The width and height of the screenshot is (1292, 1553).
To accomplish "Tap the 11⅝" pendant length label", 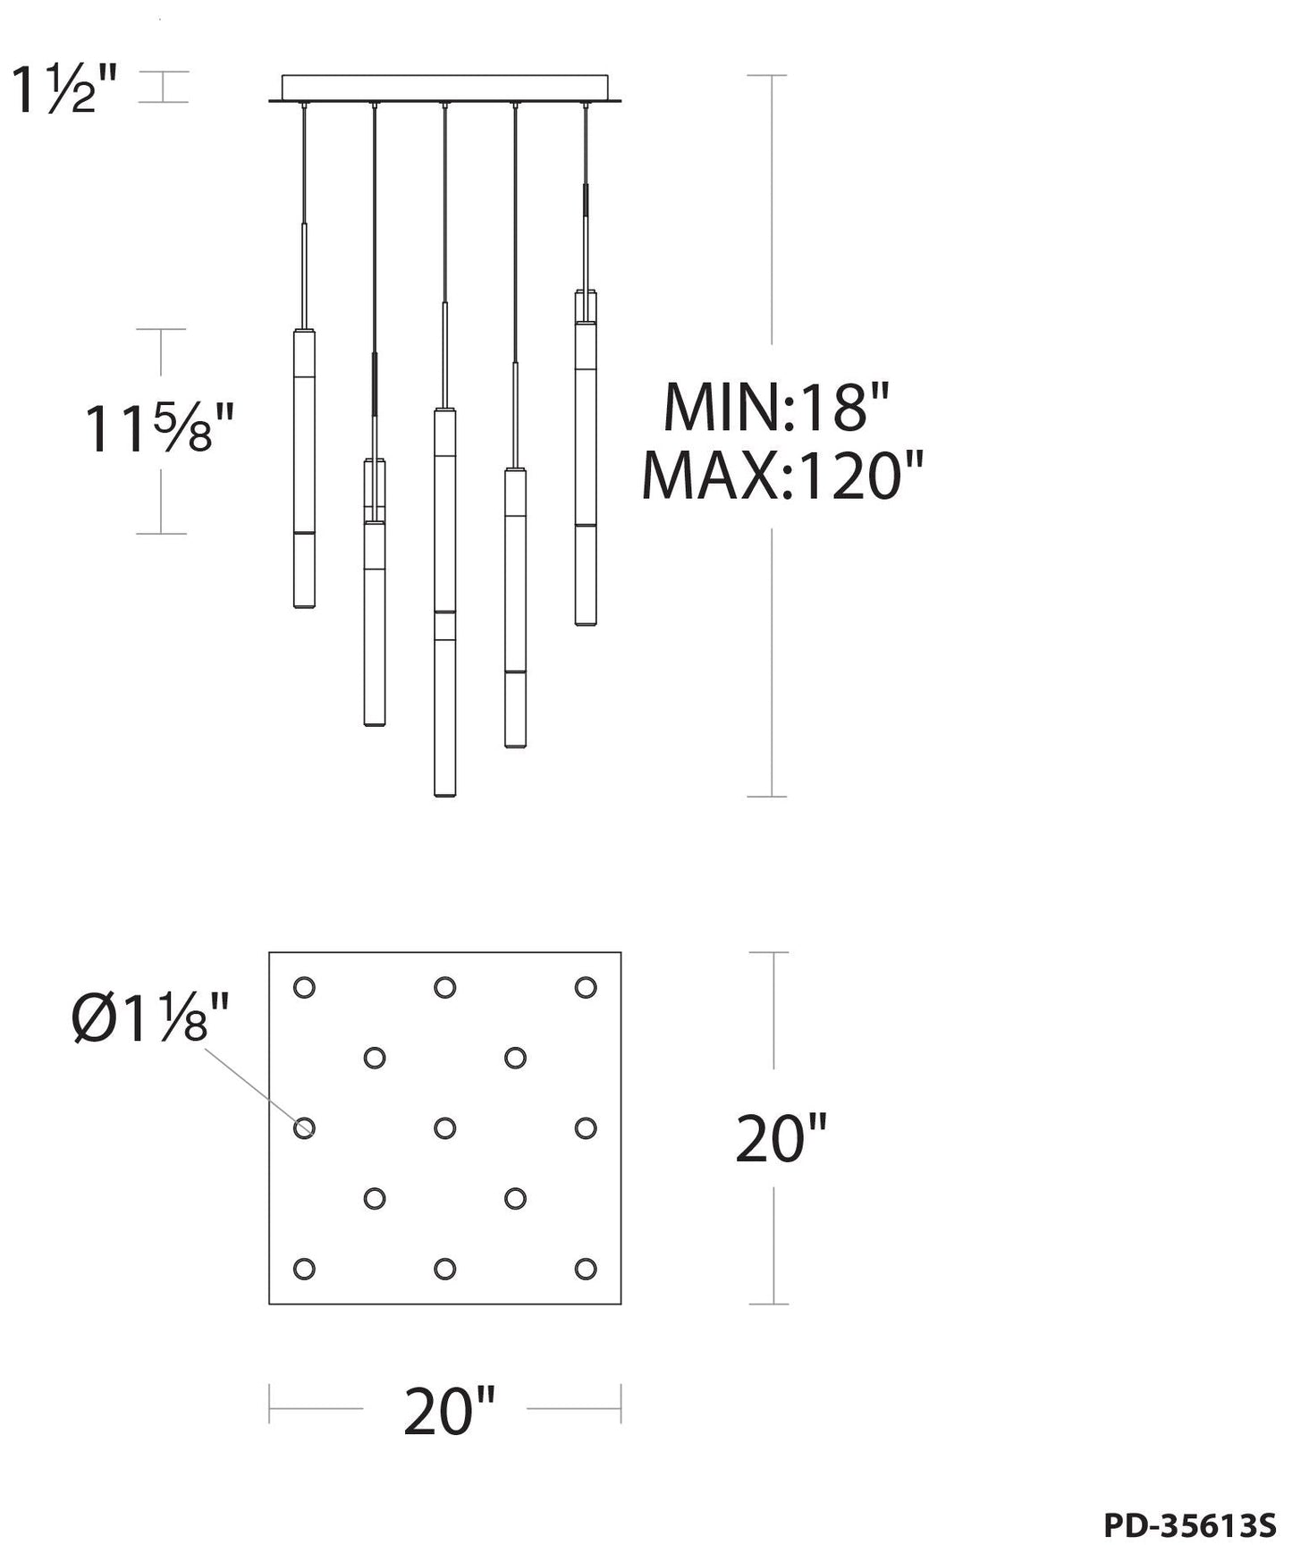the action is coord(158,429).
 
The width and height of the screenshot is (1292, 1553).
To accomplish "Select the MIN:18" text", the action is coord(776,407).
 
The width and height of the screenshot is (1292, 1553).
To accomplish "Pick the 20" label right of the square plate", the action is coord(781,1139).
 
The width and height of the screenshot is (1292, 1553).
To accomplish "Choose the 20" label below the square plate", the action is coord(449,1412).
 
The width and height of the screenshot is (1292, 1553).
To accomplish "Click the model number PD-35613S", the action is coord(1190,1526).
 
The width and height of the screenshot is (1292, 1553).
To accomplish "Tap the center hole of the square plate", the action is coord(444,1128).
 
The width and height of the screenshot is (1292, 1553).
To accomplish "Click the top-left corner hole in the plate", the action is coord(304,988).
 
